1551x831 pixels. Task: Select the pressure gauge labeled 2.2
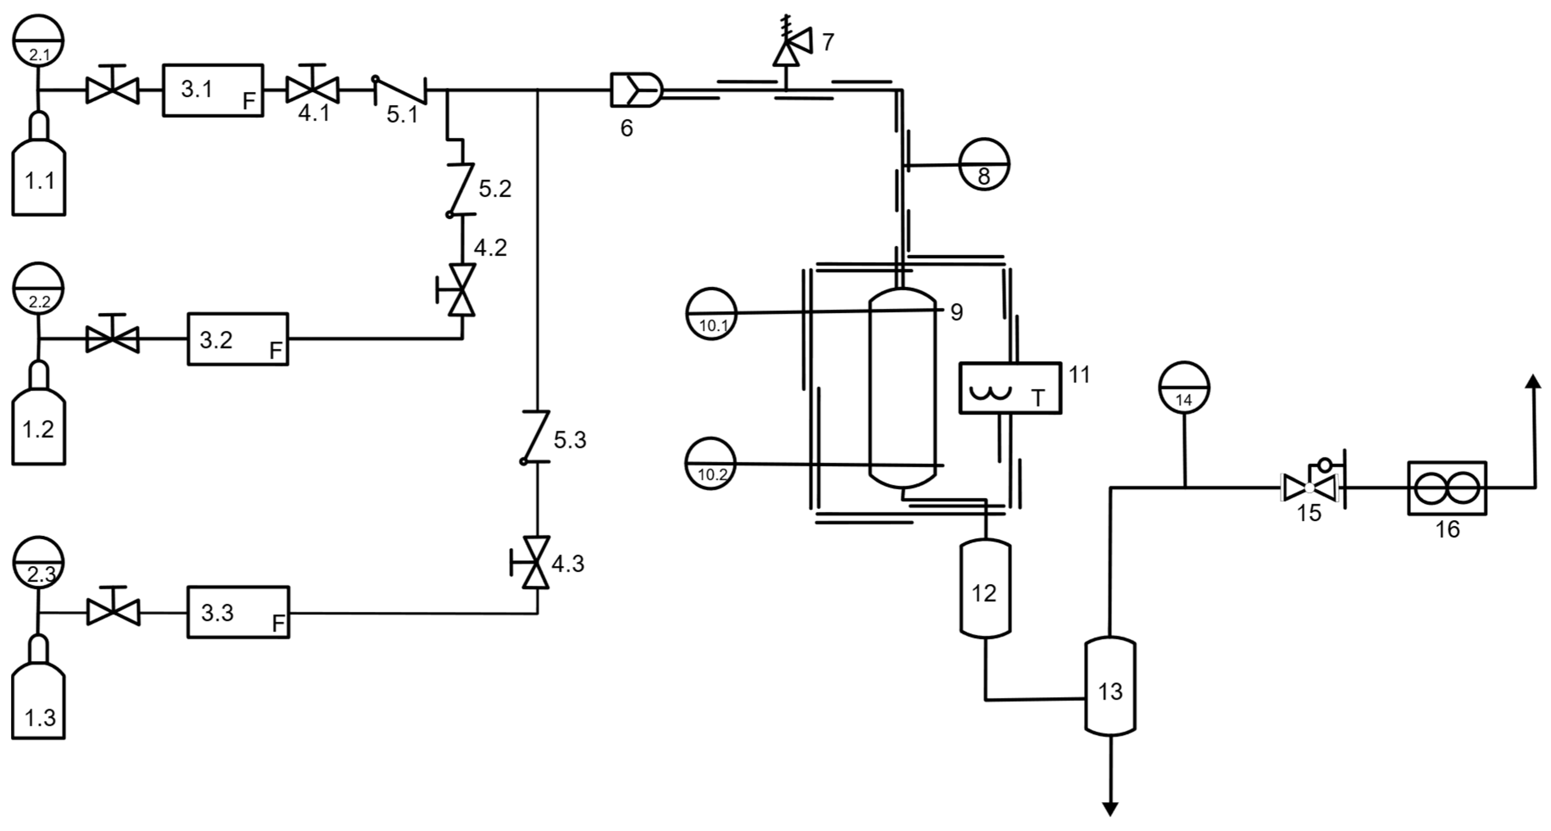tap(38, 288)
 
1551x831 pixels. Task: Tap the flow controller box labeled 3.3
tap(238, 612)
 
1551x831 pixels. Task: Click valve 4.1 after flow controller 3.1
tap(312, 90)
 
